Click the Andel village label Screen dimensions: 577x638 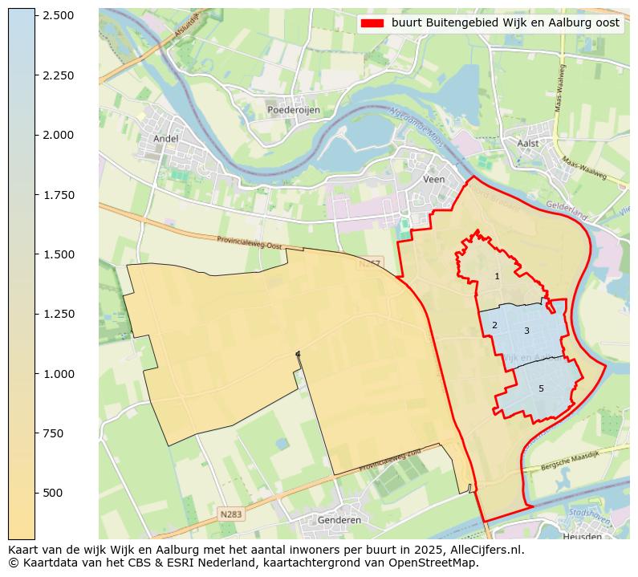165,138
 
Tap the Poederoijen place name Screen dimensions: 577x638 293,110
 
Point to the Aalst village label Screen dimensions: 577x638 529,143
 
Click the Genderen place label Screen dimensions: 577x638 339,520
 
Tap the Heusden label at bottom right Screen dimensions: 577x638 582,537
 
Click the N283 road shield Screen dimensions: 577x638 230,513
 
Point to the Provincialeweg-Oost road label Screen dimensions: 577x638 250,242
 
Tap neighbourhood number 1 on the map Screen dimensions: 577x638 497,276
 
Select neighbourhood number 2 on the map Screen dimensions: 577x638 494,325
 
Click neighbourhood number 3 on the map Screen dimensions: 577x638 526,331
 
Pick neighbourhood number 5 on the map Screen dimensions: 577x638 541,388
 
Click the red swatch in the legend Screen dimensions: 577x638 372,23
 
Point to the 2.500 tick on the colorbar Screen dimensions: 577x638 59,16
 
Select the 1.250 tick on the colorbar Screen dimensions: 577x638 59,314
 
